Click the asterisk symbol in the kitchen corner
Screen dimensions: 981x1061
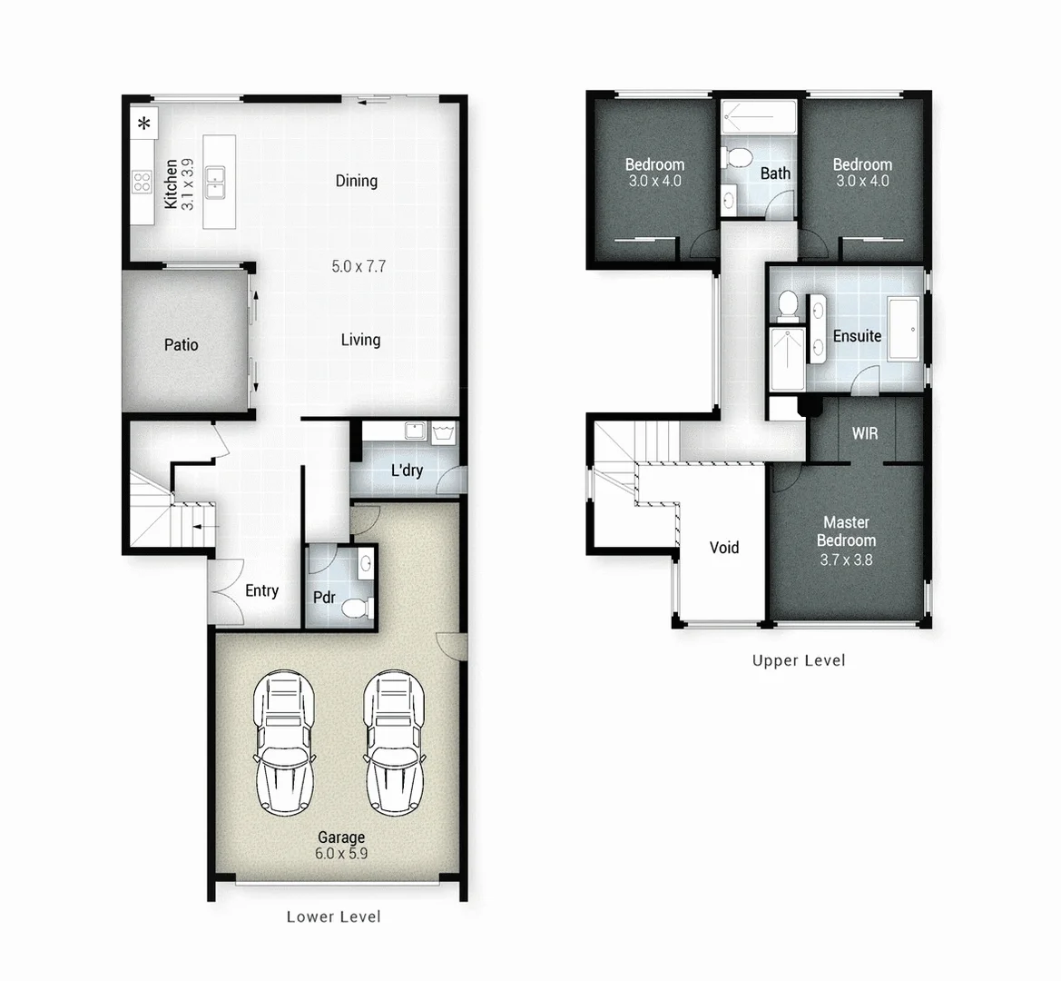(143, 124)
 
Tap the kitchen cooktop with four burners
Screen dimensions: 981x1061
(142, 182)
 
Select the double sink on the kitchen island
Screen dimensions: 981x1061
(216, 182)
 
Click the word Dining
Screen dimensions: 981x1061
(356, 181)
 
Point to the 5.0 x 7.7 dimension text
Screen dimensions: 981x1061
(359, 266)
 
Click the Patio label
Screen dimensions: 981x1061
(181, 345)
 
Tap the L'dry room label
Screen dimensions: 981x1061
(407, 470)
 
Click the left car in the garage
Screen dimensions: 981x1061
(283, 742)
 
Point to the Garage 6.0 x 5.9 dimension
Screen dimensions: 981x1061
(341, 854)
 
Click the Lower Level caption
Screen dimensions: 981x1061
(333, 917)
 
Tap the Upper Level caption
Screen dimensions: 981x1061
(798, 660)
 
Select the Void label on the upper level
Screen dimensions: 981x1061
(723, 548)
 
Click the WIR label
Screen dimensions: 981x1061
(864, 433)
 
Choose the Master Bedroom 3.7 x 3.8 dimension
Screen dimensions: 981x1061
(846, 560)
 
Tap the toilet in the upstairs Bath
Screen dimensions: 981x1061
(738, 158)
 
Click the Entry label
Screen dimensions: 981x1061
(261, 590)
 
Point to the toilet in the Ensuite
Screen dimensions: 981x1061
(786, 305)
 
